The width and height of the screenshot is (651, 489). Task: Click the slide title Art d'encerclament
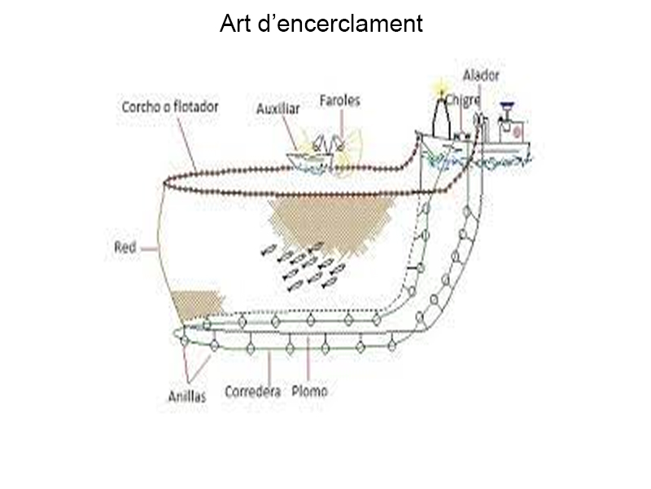point(321,24)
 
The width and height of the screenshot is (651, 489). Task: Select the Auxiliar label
point(277,108)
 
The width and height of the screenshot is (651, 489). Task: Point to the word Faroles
point(339,100)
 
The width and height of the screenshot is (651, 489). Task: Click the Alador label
point(481,76)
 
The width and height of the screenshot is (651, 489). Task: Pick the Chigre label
point(462,99)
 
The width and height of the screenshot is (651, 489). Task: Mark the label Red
point(125,247)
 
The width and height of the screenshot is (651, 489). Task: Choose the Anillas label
point(187,396)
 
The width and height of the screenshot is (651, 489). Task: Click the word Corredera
point(252,391)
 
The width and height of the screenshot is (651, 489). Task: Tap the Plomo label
point(310,391)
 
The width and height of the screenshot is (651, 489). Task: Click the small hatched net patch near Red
point(196,305)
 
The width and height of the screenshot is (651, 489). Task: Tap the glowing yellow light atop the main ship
point(442,89)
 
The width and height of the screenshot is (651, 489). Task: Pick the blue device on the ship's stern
point(509,106)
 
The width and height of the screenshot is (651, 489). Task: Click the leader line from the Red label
point(148,248)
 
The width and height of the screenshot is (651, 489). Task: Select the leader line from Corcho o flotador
point(187,143)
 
